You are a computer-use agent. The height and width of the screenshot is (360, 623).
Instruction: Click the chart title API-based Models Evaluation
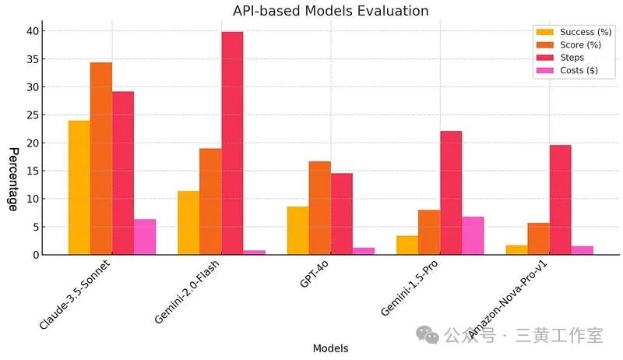pos(330,11)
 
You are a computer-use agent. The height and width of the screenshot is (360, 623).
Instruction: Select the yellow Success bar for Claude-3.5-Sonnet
pos(79,187)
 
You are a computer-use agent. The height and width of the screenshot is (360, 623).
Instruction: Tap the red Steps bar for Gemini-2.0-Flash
pos(232,143)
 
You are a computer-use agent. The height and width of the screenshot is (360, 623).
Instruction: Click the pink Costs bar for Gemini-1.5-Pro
pos(473,235)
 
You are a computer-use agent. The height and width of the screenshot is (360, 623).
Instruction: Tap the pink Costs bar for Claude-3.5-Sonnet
pos(144,237)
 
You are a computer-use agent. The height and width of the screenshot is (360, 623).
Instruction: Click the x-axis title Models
pos(330,348)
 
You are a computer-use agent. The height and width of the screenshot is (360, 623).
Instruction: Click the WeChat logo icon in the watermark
pos(427,334)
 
